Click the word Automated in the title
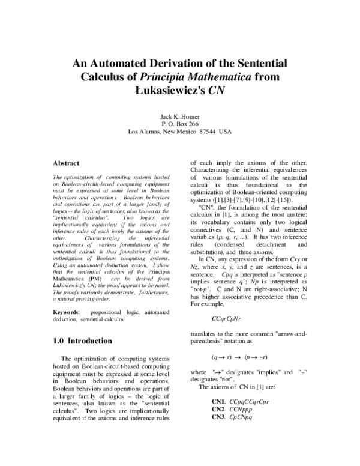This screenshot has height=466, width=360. pos(118,63)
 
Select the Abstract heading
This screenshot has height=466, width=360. pos(67,163)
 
